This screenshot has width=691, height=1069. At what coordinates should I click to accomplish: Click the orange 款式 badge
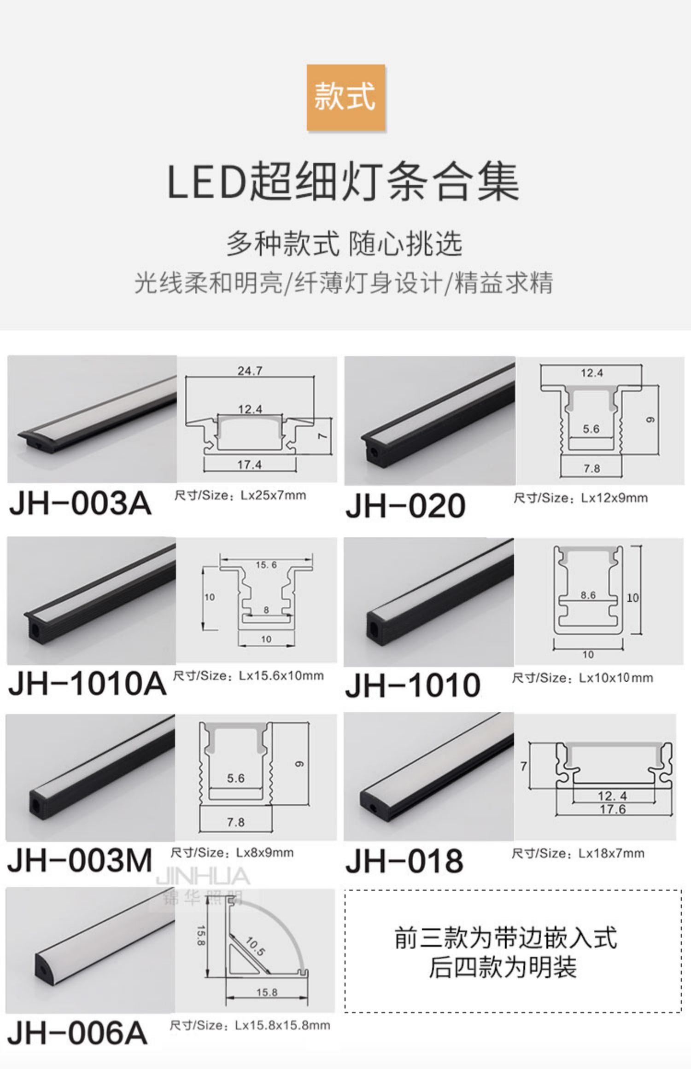345,97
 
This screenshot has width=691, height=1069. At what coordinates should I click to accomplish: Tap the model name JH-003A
80,503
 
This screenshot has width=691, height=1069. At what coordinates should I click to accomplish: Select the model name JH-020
405,506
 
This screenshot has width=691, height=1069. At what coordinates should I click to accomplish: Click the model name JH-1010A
87,684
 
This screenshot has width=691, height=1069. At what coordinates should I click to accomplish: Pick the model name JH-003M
80,860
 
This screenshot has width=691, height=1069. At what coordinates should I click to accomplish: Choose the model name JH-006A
77,1033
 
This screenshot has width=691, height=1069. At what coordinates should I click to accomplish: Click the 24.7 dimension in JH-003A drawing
250,371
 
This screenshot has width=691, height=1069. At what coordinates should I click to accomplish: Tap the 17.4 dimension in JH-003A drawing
249,465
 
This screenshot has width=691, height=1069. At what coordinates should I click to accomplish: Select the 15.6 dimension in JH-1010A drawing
266,565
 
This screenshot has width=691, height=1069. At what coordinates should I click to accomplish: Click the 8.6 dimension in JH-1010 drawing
588,595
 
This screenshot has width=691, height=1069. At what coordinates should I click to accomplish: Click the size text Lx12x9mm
614,498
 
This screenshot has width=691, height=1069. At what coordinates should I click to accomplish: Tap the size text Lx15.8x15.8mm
282,1025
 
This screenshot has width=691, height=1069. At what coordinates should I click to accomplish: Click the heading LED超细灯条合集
343,181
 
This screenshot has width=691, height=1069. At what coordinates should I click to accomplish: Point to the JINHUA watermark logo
203,877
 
